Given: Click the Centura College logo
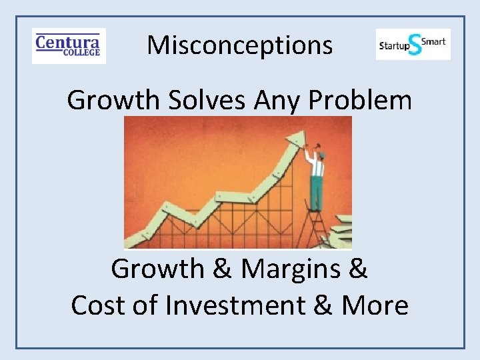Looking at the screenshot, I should [x=69, y=45].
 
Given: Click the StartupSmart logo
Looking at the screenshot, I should [x=413, y=44].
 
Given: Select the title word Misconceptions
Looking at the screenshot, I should [x=239, y=45].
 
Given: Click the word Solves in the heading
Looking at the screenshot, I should [x=200, y=101].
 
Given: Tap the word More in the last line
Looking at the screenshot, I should [x=375, y=305].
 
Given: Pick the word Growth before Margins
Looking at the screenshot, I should [x=158, y=269].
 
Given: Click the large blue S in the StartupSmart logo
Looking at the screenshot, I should [x=415, y=45].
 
